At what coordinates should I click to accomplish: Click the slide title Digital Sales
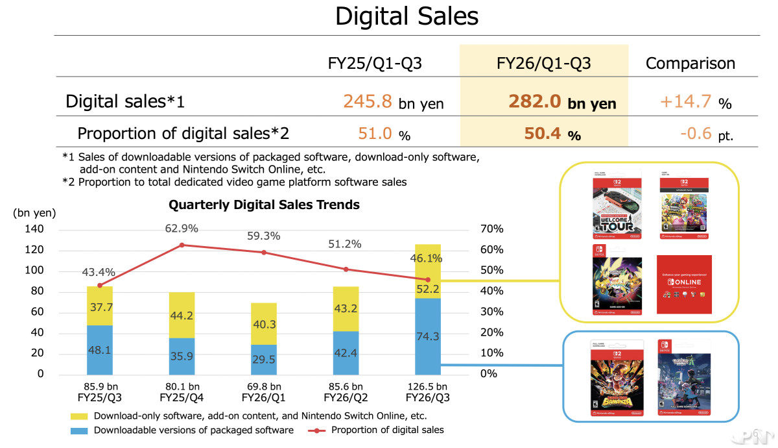coord(407,17)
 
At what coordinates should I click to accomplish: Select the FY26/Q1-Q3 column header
coord(543,63)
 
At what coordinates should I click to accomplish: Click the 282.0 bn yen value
coord(562,103)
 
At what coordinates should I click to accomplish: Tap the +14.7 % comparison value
coord(695,102)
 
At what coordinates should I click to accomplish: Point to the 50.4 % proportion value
coord(545,134)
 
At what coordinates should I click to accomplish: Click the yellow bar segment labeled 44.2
coord(182,315)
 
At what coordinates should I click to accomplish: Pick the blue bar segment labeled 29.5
coord(263,359)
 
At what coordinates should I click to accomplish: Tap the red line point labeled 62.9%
coord(182,245)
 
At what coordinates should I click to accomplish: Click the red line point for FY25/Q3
coord(99,285)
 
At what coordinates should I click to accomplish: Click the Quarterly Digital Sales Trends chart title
coord(264,205)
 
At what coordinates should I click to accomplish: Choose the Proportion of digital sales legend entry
coord(387,430)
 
